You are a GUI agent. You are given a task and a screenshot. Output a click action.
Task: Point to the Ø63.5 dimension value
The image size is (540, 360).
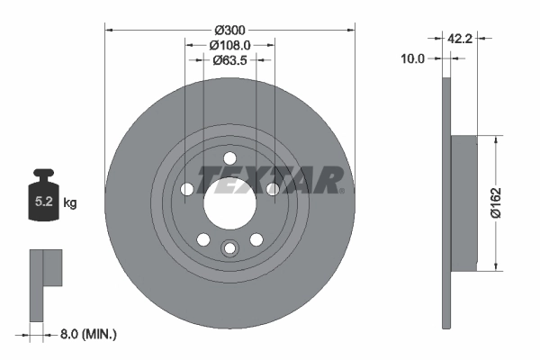coord(229,60)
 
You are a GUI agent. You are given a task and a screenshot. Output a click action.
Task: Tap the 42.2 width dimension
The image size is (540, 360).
coord(460,39)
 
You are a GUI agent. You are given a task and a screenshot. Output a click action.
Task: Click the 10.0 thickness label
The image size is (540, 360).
coord(413,58)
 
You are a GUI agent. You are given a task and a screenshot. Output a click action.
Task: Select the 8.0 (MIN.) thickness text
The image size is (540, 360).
coord(88,334)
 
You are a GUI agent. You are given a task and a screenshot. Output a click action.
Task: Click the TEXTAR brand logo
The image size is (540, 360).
coord(269,178)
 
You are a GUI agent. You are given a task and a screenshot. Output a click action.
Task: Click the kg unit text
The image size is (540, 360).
coord(71,203)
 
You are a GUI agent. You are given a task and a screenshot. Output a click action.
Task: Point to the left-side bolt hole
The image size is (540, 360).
coord(187,189)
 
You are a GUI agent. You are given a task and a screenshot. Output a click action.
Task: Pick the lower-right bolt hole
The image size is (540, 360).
coord(256,238)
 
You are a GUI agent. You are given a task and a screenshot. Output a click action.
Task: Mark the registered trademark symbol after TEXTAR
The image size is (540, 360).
coord(341,190)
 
